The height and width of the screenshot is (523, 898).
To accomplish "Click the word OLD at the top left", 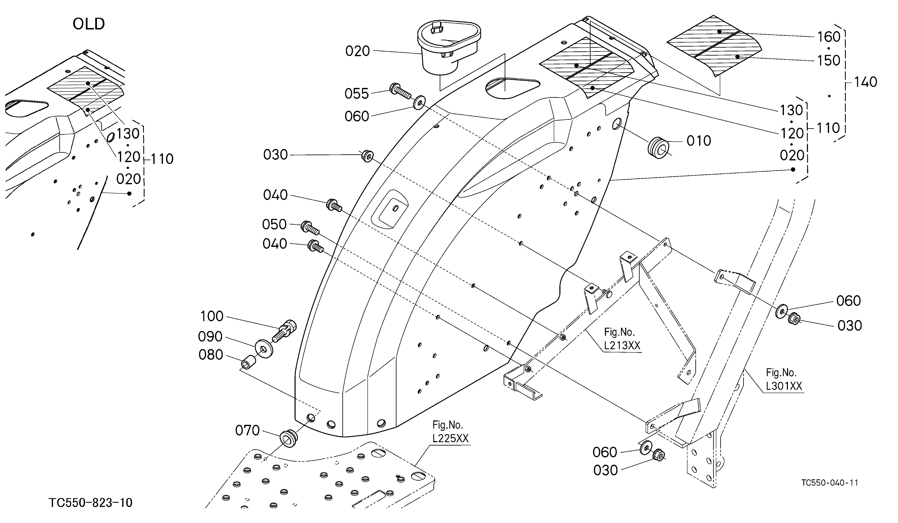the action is point(89,24).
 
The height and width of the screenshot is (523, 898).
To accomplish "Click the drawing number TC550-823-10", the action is point(90,503).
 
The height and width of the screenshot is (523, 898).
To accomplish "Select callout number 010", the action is point(699,141).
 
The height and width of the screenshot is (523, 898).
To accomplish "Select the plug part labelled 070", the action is point(288,438).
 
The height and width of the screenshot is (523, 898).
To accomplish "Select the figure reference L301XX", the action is point(784,386).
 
